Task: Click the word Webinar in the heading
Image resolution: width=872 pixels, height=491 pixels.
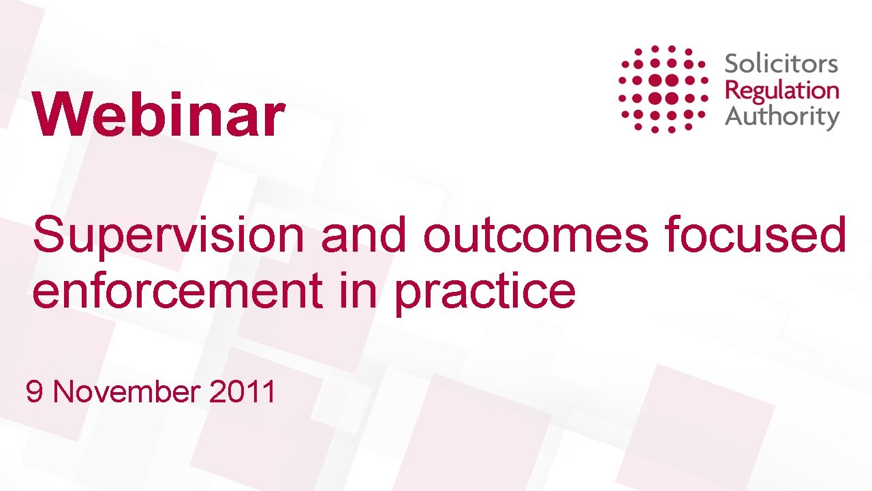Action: tap(158, 115)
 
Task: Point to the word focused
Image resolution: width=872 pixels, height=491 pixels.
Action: tap(756, 235)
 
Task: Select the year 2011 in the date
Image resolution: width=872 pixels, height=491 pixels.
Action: tap(243, 392)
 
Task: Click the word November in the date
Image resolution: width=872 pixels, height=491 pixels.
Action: tap(127, 392)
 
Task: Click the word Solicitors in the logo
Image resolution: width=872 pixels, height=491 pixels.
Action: tap(781, 65)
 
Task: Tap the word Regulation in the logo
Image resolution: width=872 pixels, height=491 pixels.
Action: tap(781, 91)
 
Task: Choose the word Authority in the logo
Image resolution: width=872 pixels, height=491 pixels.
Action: tap(781, 117)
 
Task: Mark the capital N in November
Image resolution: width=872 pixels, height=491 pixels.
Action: tap(65, 392)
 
